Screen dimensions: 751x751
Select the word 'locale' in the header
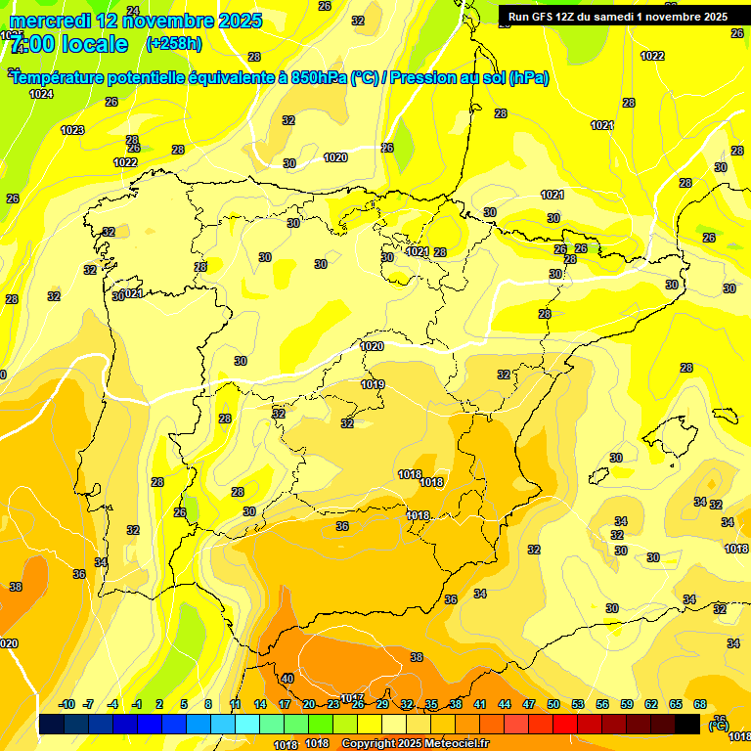[93, 44]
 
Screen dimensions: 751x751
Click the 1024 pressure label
[41, 94]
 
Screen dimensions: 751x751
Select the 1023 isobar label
[72, 130]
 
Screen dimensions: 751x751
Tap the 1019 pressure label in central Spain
[373, 384]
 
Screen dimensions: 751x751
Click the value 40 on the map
[287, 679]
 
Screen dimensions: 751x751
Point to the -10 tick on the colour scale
[66, 704]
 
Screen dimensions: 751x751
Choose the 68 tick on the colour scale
[700, 704]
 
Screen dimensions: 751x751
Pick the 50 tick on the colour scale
[553, 704]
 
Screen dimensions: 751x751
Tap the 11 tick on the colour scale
[236, 704]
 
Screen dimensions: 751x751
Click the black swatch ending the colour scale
[687, 724]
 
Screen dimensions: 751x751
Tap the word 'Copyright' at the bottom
[371, 743]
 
